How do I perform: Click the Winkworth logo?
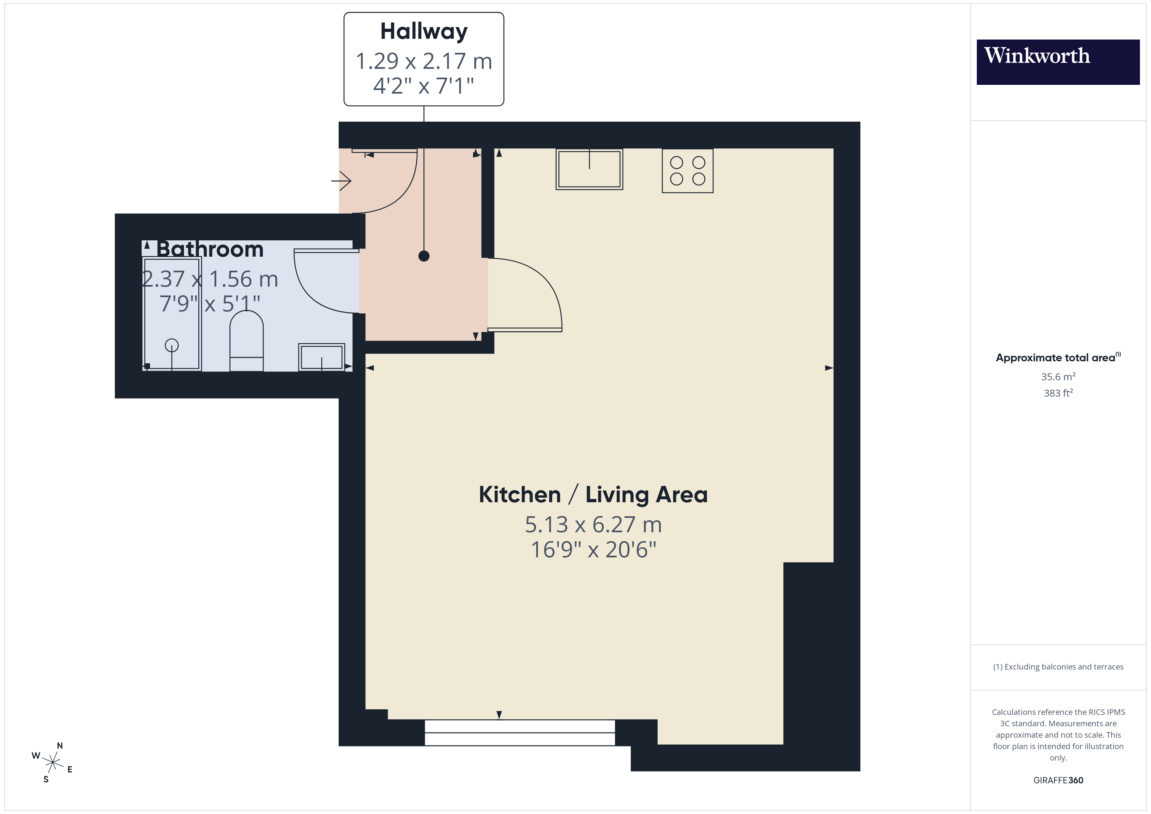click(1057, 62)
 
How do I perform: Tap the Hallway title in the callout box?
click(423, 32)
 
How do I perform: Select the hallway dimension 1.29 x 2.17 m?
click(423, 61)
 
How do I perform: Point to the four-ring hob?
click(687, 171)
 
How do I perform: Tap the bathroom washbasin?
click(321, 357)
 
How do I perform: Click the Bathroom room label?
click(210, 249)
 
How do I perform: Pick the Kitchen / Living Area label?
click(593, 495)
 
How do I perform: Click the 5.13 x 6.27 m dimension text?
click(593, 525)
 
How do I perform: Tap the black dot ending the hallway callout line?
click(423, 256)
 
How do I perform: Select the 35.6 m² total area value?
click(1058, 376)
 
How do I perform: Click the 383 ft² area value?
click(1058, 393)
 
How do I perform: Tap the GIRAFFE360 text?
click(1058, 780)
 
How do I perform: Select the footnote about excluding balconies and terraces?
click(1058, 667)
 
